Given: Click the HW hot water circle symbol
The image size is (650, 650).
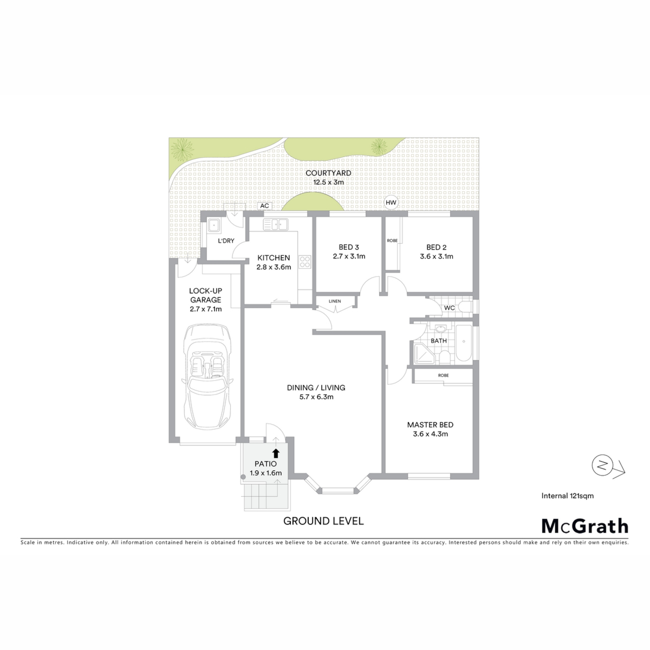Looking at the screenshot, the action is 391,203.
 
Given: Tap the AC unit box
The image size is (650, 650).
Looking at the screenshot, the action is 264,206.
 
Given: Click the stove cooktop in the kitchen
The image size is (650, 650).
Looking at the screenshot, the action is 305,262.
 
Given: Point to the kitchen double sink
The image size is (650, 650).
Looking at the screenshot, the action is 276,224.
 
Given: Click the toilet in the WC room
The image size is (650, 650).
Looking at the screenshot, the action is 466,307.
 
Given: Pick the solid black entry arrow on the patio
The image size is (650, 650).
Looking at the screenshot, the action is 276,453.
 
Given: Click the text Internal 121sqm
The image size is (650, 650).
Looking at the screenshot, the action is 567,496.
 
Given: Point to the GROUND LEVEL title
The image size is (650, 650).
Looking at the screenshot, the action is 323,521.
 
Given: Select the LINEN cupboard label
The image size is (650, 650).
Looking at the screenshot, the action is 335,301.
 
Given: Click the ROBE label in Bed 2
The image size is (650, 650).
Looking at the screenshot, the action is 392,241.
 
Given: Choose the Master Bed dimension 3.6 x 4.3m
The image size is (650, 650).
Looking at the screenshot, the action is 430,434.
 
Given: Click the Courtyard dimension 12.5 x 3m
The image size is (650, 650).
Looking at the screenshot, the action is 328,182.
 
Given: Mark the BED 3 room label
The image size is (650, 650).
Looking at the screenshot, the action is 349,247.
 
